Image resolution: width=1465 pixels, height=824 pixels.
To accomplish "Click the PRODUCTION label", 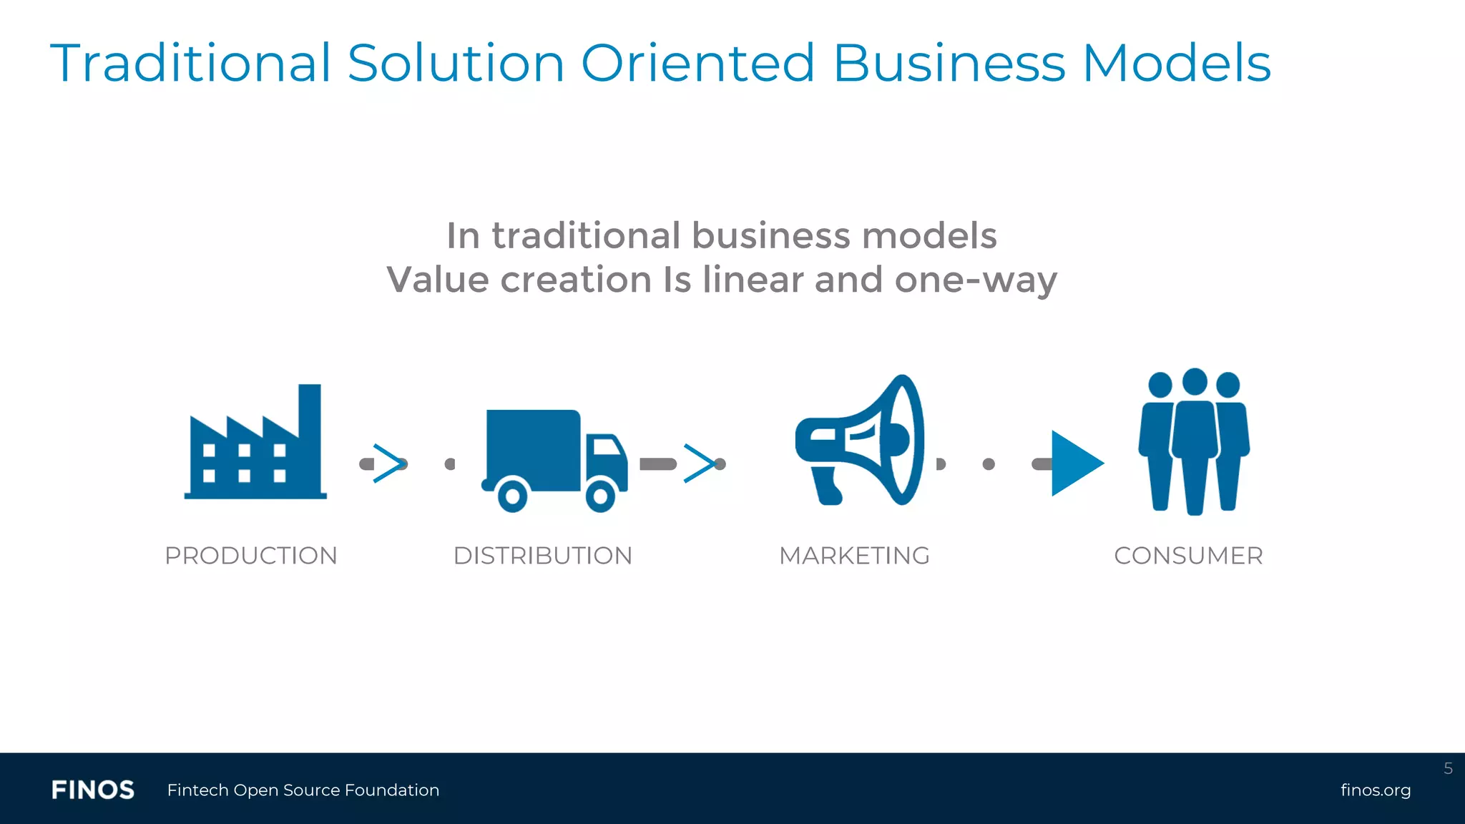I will [x=251, y=556].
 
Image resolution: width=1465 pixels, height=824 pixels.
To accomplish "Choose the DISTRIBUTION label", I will [x=543, y=556].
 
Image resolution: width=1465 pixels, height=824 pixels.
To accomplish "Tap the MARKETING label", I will [x=854, y=556].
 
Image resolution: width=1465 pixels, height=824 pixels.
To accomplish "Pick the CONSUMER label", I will [x=1188, y=556].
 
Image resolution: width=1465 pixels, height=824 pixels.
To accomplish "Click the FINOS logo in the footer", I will [x=93, y=790].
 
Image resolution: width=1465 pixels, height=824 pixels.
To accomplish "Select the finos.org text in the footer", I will [x=1375, y=790].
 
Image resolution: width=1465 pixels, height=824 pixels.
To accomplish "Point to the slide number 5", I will [x=1448, y=769].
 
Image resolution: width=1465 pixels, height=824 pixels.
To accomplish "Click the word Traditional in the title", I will [x=190, y=63].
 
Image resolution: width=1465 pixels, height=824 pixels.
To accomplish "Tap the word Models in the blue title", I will [x=1177, y=63].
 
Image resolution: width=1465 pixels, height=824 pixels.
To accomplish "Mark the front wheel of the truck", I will [x=600, y=495].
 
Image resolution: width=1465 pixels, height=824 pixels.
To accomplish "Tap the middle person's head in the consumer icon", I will [x=1195, y=382].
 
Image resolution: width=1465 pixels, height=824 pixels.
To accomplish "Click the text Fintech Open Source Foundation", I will [x=303, y=790].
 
